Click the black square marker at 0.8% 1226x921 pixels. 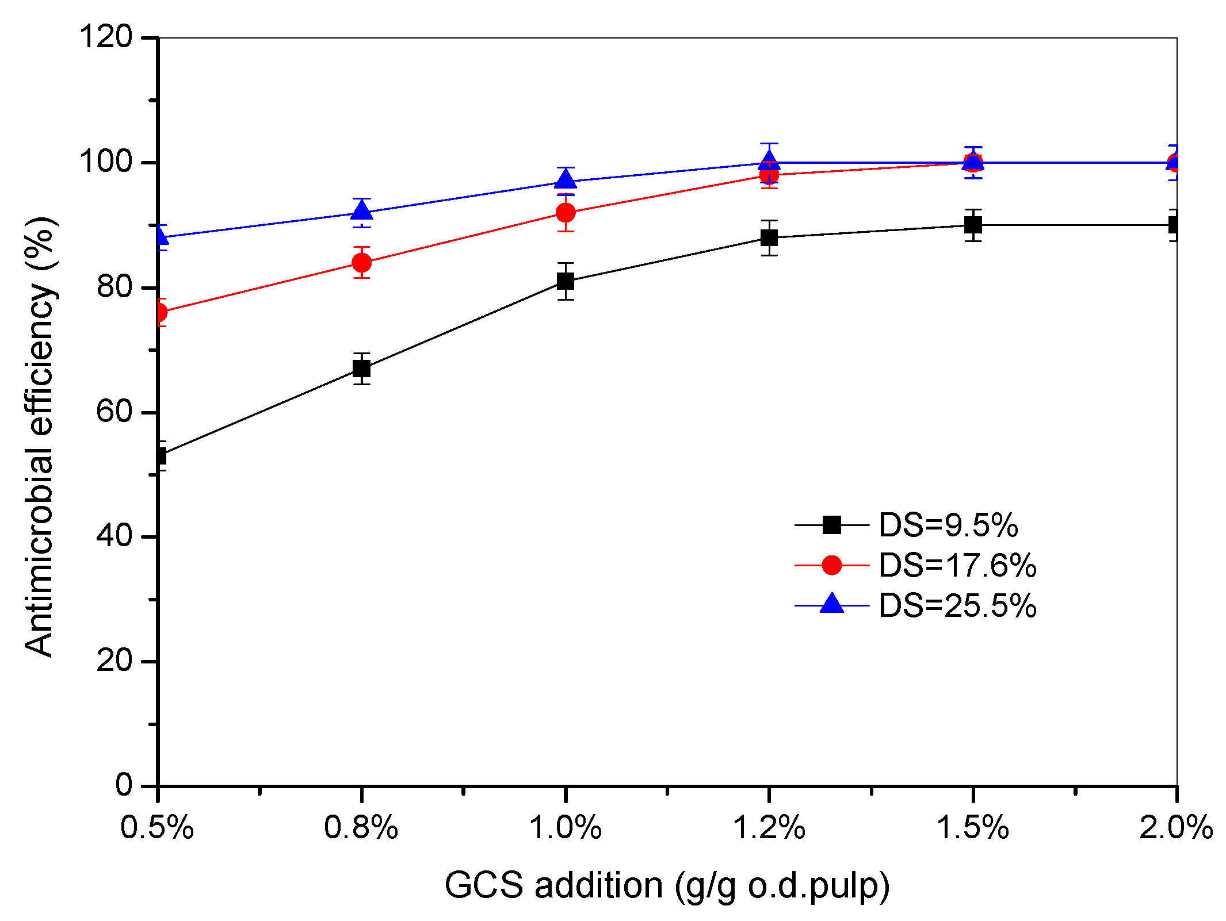pos(361,368)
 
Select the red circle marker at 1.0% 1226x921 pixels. pos(566,213)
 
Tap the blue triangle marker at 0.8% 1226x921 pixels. pos(361,212)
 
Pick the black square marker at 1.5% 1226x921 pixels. pos(973,225)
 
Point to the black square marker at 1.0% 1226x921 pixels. pos(566,281)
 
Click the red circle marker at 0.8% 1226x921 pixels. pos(361,263)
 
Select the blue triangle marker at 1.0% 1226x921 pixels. pos(566,181)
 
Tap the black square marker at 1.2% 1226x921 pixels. pos(769,237)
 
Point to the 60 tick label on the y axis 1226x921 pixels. pos(114,412)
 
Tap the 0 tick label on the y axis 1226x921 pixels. pos(124,785)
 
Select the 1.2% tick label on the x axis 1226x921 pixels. pos(769,828)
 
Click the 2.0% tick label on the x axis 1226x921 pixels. pos(1176,828)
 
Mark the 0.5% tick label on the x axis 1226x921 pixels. pos(157,828)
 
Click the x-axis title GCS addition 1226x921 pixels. pos(667,886)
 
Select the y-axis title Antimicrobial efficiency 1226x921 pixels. pos(40,437)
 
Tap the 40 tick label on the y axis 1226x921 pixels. pos(114,536)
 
